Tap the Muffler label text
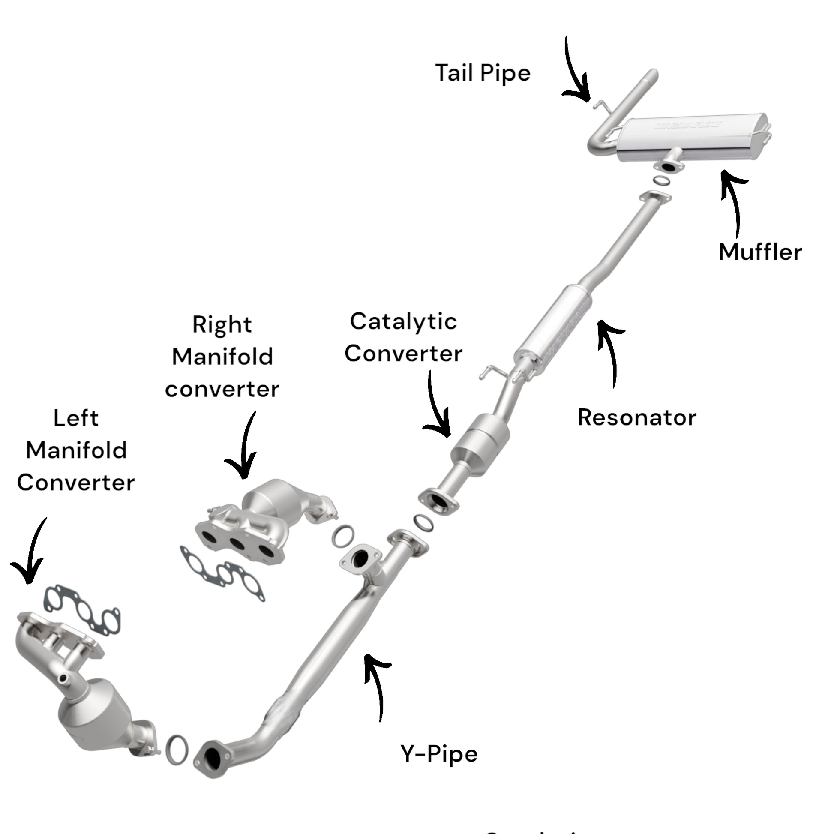tap(760, 252)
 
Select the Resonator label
tap(637, 417)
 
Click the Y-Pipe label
tap(439, 754)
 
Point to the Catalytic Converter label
tap(403, 338)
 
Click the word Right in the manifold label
tap(222, 324)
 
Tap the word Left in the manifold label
tap(76, 418)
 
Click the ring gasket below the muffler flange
tap(661, 180)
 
